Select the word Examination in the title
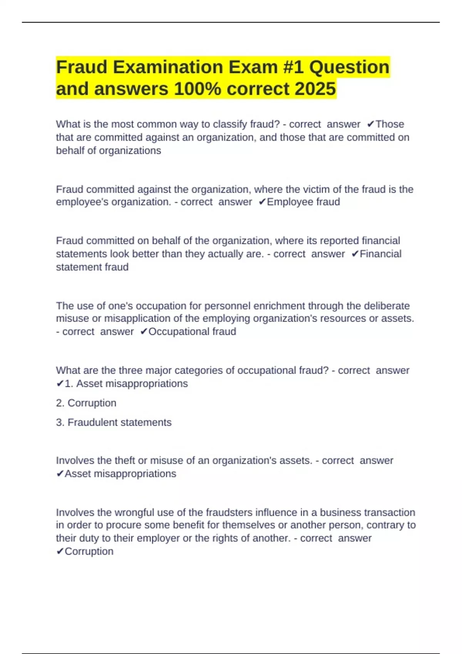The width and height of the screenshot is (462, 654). pos(168,67)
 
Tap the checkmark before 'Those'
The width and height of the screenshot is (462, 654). pos(370,124)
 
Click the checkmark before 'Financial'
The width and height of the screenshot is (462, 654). pos(355,254)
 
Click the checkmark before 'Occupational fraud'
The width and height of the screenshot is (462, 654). pos(144,332)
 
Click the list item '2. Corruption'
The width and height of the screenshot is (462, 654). pos(86,403)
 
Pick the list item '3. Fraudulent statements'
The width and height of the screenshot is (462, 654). pos(114,422)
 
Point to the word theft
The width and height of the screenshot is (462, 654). pos(124,460)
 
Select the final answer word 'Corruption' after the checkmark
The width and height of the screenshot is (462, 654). pos(89,551)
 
